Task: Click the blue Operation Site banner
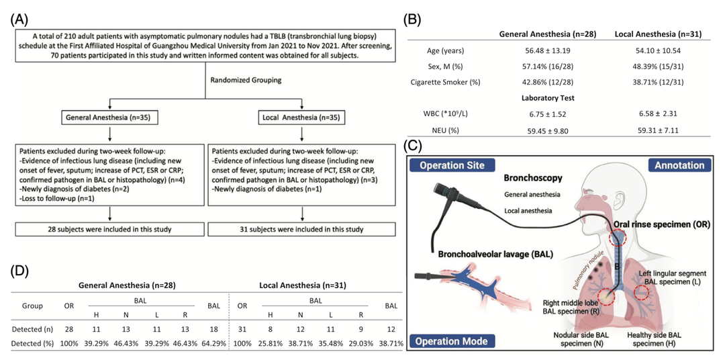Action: (x=453, y=165)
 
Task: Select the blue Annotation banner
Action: (x=677, y=165)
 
